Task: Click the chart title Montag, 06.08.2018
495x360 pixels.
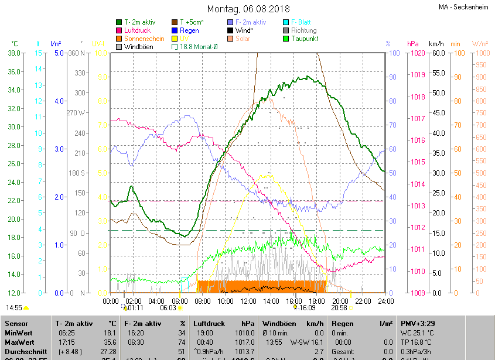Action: click(248, 9)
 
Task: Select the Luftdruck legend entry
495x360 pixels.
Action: click(137, 30)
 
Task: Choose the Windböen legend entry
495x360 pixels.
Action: click(138, 46)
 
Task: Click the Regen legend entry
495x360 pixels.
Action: click(189, 30)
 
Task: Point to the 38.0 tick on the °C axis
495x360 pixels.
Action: click(14, 53)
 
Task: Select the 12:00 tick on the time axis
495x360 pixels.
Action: click(248, 301)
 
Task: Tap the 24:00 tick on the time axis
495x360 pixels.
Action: click(385, 301)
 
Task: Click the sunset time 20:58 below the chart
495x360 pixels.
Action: click(339, 307)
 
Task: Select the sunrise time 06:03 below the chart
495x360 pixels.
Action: click(168, 307)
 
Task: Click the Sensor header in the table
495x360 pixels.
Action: click(16, 324)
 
